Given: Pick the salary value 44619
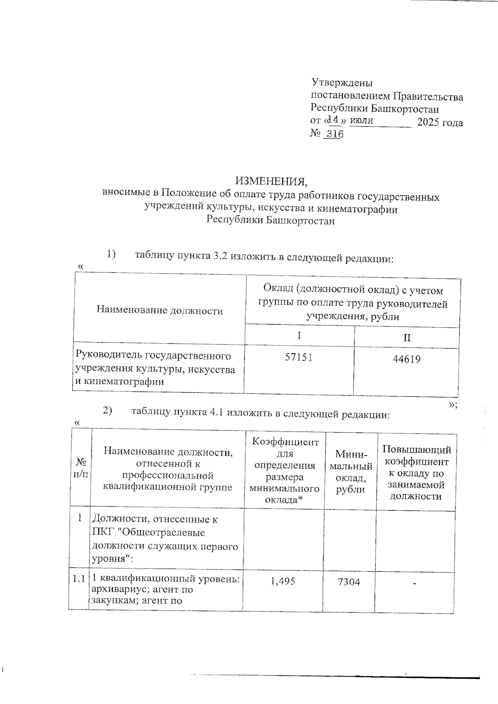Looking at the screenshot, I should [406, 359].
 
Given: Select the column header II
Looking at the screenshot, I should [407, 337].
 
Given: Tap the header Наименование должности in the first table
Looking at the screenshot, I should [160, 310].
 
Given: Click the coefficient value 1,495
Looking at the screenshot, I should [283, 582].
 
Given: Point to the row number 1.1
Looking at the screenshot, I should [78, 579].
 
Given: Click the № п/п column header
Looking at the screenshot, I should [81, 468].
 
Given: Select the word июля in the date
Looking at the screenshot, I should [361, 121].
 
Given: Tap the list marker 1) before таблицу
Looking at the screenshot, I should [111, 253].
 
